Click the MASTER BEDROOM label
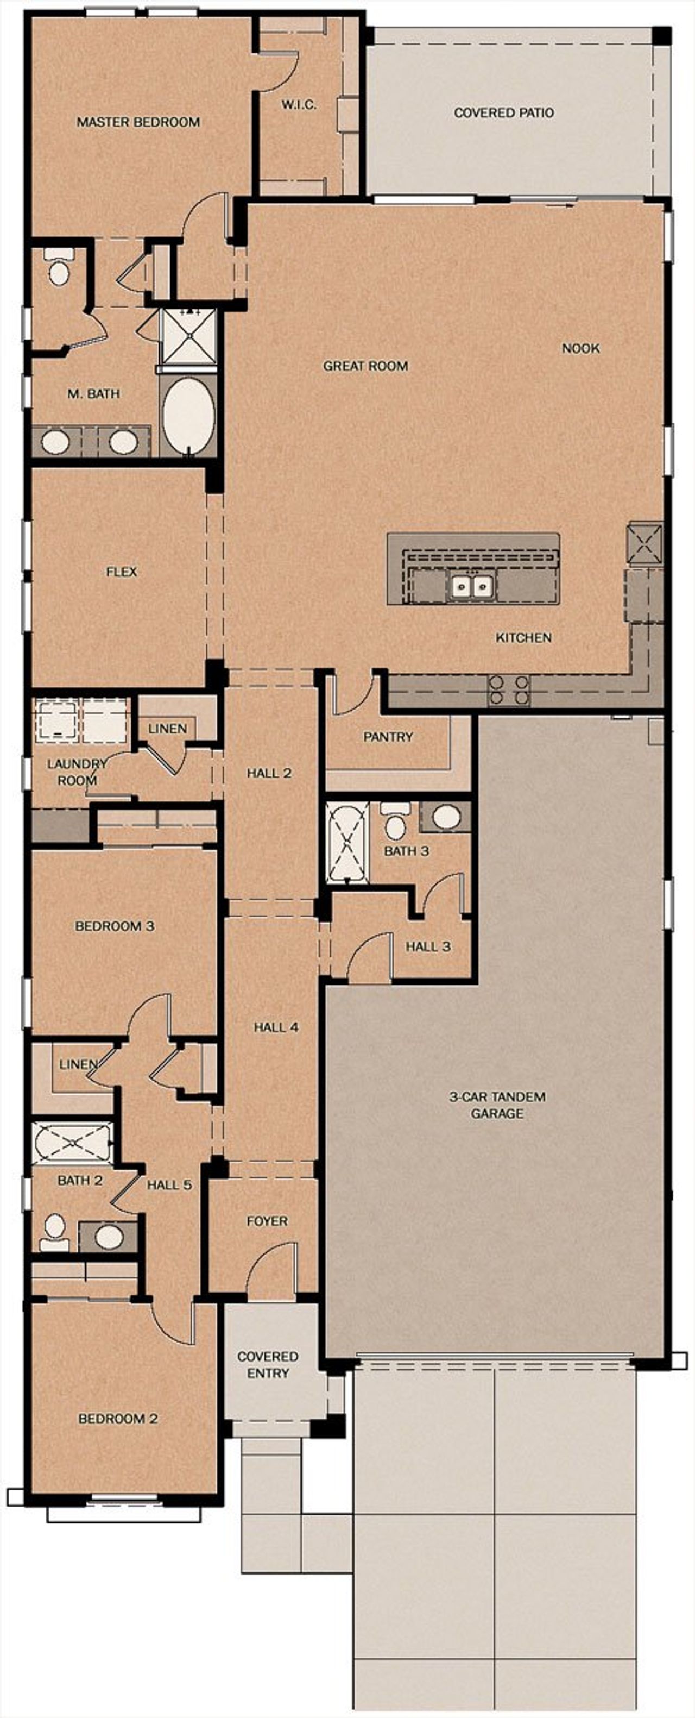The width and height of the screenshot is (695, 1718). pos(138,122)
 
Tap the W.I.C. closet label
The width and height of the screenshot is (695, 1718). pos(298,105)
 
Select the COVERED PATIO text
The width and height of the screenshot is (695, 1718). pos(503,112)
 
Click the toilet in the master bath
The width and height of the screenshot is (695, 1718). pos(59,269)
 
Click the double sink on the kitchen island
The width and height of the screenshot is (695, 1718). pos(472,586)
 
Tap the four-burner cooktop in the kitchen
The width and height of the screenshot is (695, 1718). pos(510,690)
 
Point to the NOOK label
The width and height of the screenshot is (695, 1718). pos(580,348)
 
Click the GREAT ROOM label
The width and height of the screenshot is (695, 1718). pos(365,366)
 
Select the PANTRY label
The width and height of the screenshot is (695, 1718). pos(388,737)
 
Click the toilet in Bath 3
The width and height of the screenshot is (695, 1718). pos(395,823)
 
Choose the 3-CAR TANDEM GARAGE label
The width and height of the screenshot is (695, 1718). pos(497,1105)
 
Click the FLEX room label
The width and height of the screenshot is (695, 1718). pos(121,572)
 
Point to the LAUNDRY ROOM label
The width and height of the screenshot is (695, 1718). pos(77,772)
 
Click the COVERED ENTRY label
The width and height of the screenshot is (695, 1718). pos(267,1364)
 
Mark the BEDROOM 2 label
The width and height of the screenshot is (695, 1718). pos(118,1419)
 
